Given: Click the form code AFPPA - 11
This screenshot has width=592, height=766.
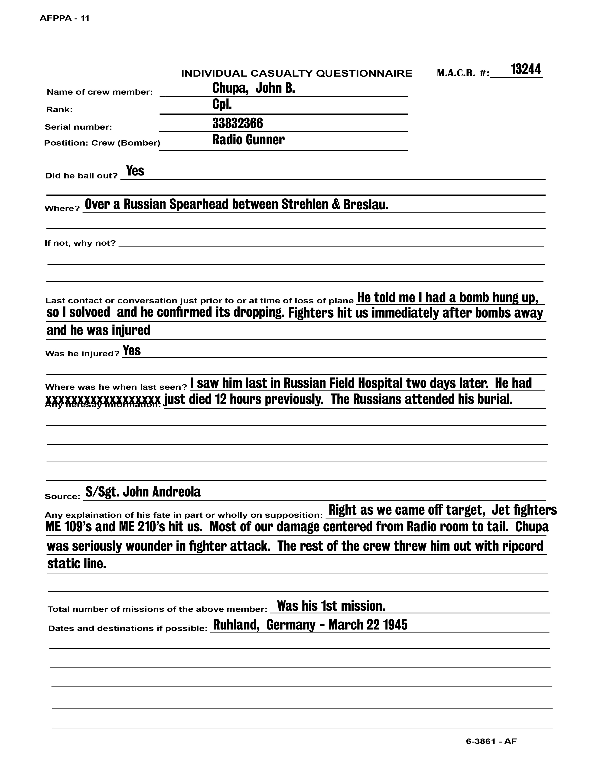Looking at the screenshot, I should [65, 19].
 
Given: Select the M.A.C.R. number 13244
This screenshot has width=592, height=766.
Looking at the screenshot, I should [525, 69].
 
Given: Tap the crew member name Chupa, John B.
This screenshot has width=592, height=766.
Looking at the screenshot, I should [253, 88].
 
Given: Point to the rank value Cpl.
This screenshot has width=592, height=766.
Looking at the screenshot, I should [222, 104].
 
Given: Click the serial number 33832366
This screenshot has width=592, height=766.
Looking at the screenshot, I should [237, 123].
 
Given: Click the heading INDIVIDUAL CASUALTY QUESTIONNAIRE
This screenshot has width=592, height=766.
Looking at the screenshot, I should [296, 73].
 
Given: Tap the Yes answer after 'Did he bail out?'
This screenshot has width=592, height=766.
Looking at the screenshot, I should [135, 171].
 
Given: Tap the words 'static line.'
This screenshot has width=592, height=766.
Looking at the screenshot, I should [76, 564].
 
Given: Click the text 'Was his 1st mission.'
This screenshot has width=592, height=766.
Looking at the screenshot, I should [331, 606].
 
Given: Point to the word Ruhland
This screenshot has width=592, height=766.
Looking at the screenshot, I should [236, 625].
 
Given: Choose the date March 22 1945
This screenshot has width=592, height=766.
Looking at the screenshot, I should [368, 625].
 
